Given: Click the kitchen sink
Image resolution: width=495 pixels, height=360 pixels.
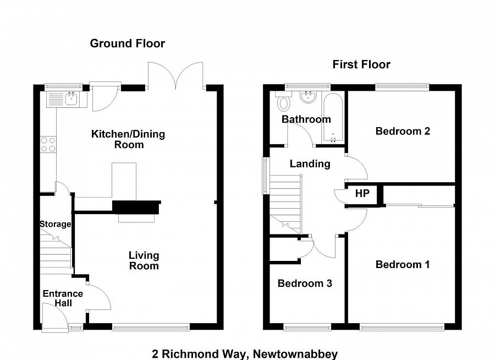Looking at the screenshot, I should coord(70,99).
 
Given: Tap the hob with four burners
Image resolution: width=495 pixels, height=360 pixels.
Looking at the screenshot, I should coord(48,145).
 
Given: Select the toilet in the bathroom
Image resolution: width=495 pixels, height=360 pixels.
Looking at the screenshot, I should coord(284,102).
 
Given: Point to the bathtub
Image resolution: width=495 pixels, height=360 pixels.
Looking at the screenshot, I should coord(333,117).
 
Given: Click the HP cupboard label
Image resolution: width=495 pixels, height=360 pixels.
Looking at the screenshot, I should coord(362,194).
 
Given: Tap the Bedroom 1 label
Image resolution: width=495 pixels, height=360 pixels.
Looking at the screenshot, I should coord(403,265).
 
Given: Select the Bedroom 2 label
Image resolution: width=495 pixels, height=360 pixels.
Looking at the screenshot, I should coord(403,131).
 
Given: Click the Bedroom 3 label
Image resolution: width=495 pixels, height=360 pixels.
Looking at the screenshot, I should coord(305,283).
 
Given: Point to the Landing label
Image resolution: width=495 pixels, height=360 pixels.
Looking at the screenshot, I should coord(310,163).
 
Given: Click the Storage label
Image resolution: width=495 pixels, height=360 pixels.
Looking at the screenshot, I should coord(55,224).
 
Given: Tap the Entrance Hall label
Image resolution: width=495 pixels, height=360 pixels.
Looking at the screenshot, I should coord(63,298).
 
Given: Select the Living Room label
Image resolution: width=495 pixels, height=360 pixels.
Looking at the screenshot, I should coord(144,260).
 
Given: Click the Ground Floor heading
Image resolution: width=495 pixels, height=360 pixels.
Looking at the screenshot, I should coord(128,43).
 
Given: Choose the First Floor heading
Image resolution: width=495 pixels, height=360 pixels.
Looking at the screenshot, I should coord(361,64).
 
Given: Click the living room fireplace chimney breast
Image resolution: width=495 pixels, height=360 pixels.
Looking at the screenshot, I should coord(136,207).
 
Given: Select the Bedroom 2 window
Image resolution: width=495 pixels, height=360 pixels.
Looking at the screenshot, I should coord(402,86).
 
